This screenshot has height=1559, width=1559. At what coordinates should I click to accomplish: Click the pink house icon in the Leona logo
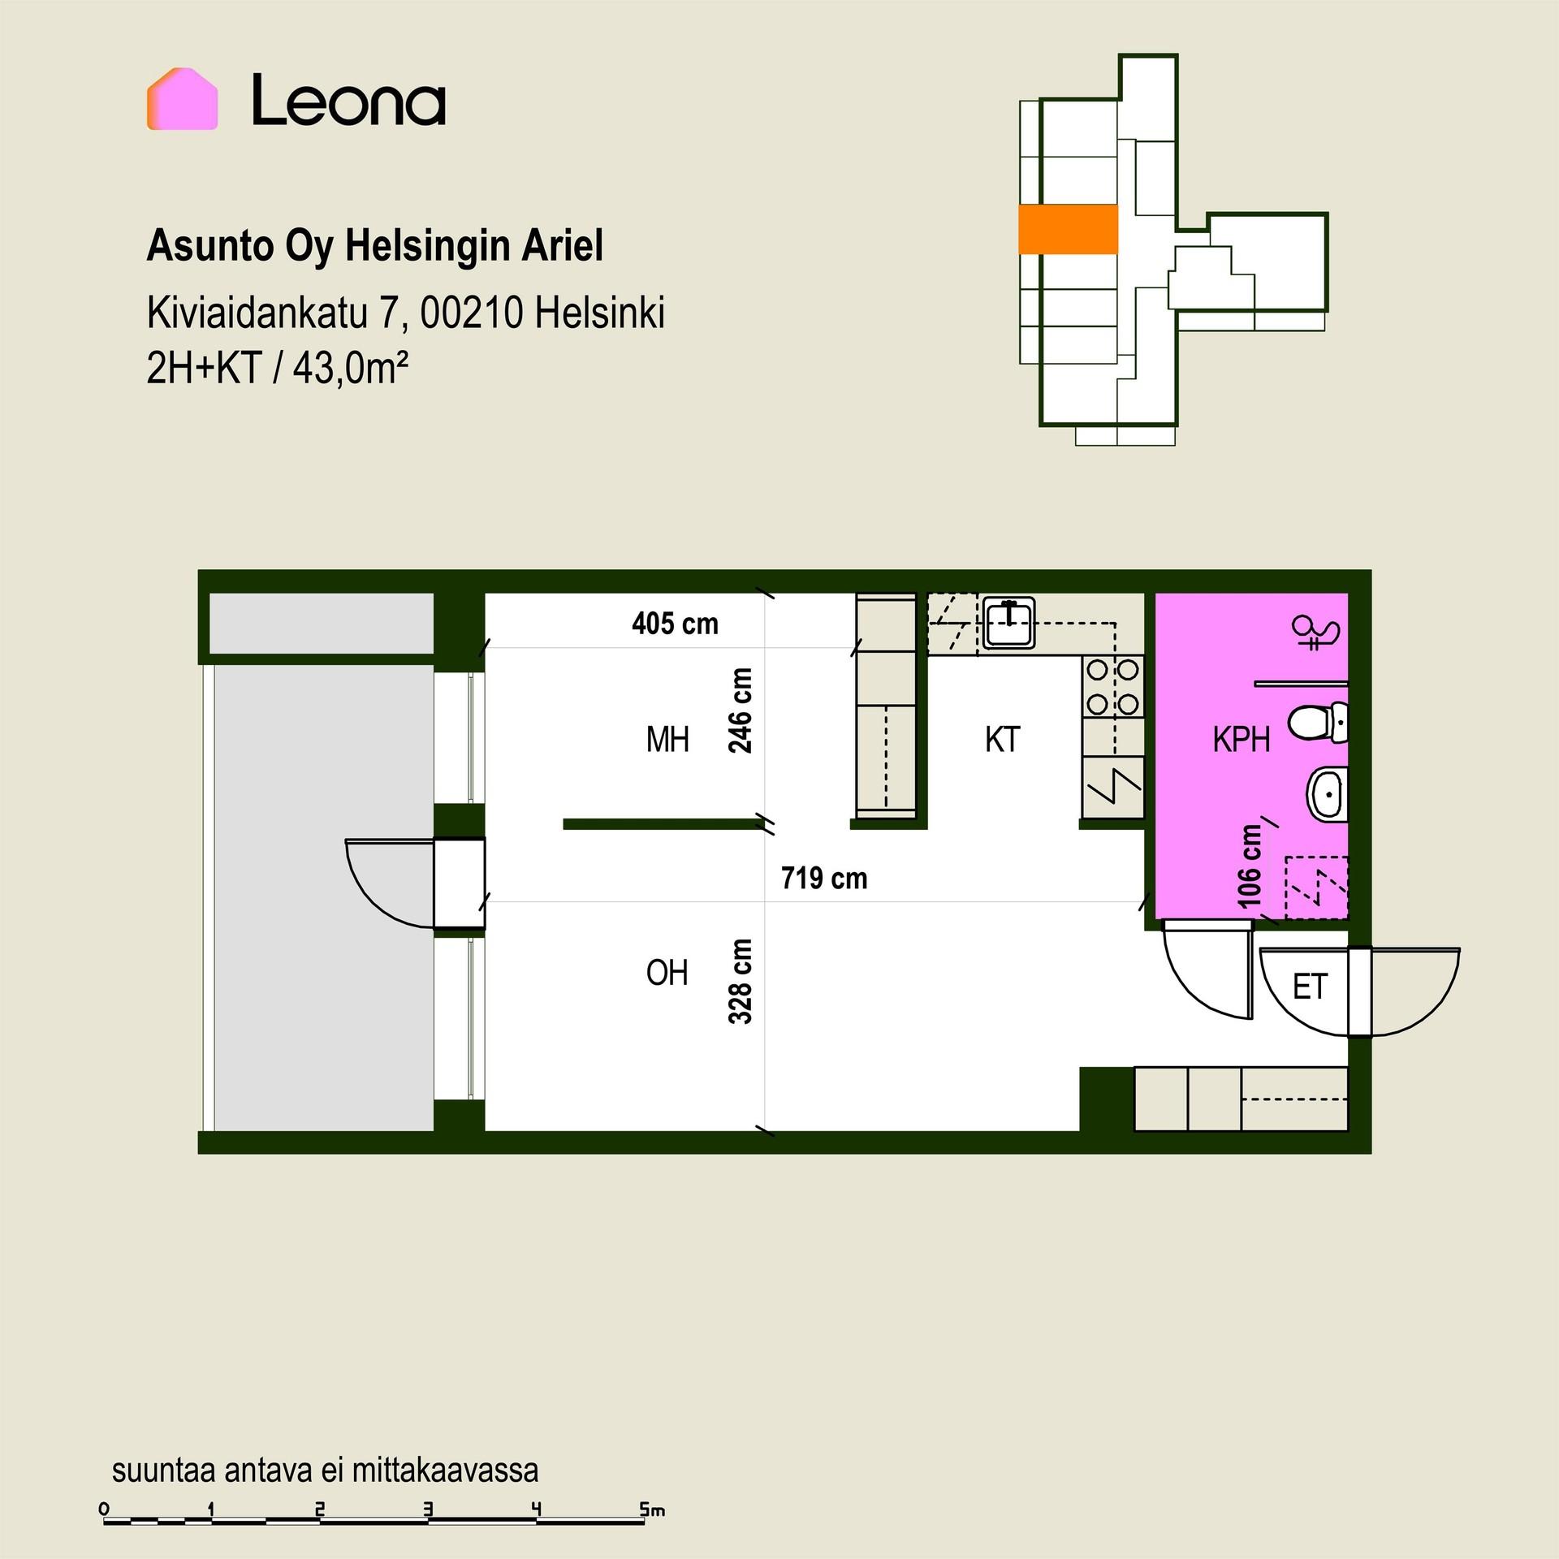[x=182, y=99]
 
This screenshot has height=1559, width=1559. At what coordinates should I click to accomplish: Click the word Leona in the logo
[x=348, y=101]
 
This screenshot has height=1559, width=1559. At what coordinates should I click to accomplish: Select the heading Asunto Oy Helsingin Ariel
[x=374, y=247]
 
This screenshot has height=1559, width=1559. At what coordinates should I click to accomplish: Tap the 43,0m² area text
[x=350, y=369]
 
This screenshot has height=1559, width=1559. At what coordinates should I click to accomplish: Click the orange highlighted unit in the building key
[x=1068, y=229]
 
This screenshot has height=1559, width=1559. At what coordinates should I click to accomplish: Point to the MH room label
[x=667, y=740]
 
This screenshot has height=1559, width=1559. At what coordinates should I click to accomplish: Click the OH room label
[x=667, y=972]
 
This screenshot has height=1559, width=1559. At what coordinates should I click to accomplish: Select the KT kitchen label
[x=1002, y=740]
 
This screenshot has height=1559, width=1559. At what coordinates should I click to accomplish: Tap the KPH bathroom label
[x=1241, y=740]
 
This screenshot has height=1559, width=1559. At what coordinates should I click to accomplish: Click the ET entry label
[x=1309, y=987]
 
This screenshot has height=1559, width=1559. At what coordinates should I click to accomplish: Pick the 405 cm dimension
[x=675, y=624]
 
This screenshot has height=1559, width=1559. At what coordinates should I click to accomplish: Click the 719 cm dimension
[x=824, y=878]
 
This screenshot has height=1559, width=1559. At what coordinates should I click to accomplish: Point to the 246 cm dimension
[x=741, y=710]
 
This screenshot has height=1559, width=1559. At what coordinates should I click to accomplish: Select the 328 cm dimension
[x=741, y=981]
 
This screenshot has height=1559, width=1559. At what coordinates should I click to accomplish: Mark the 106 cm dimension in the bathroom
[x=1250, y=866]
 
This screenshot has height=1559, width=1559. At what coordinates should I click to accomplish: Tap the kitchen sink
[x=1008, y=623]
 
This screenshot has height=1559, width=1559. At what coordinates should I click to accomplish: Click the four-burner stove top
[x=1112, y=687]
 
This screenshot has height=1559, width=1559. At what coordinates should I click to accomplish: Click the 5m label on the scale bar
[x=652, y=1510]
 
